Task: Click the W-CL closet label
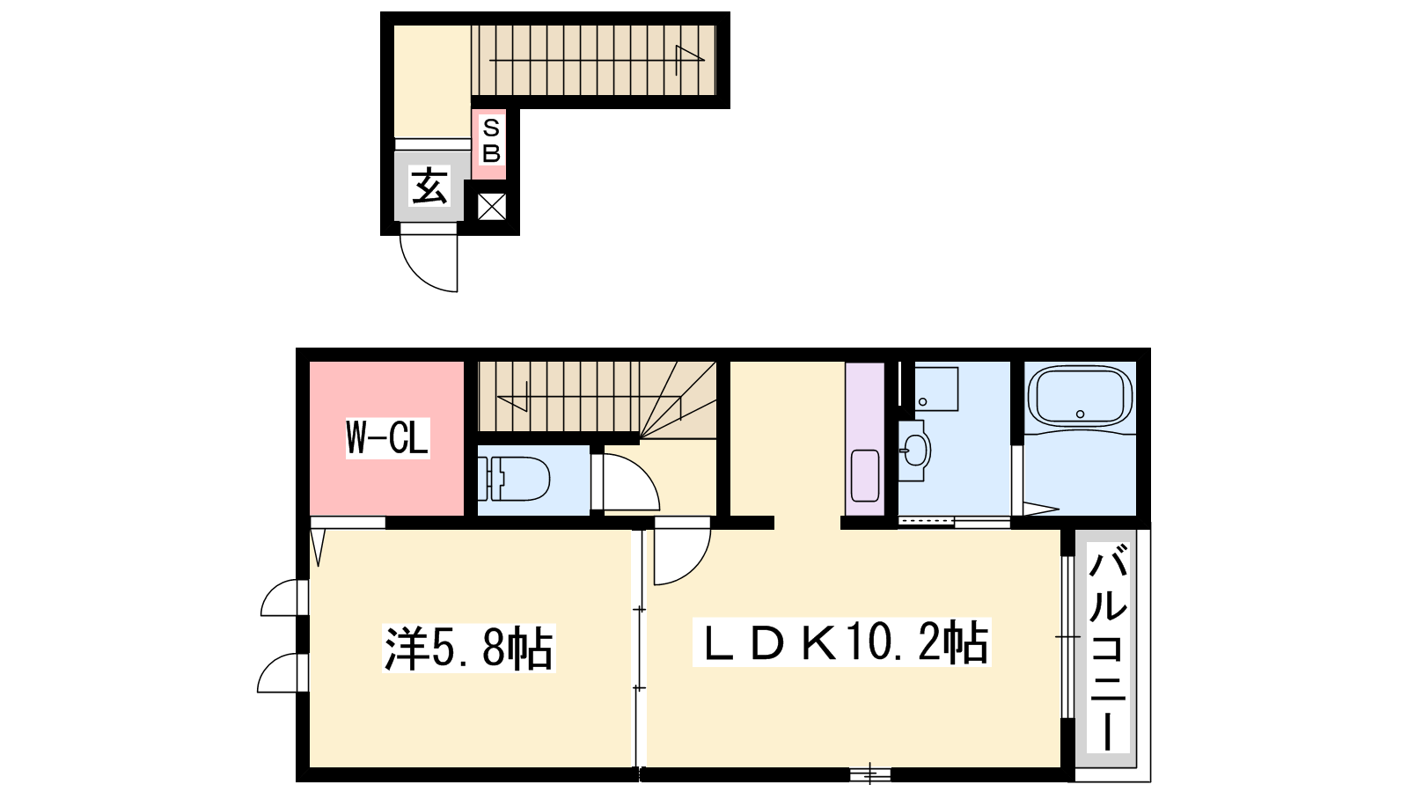coord(387,438)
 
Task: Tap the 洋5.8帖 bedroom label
coord(469,648)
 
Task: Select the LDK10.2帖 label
coord(841,642)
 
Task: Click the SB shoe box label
coord(491,140)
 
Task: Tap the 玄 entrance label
coord(429,186)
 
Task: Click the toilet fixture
coord(514,479)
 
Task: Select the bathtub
coord(1080,398)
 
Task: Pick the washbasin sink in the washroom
coord(914,451)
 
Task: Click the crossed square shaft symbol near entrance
coord(492,207)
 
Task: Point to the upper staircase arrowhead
coord(690,57)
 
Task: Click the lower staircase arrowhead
coord(511,402)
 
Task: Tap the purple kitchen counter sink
coord(865,476)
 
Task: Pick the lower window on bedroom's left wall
coord(282,673)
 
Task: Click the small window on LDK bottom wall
coord(870,774)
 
